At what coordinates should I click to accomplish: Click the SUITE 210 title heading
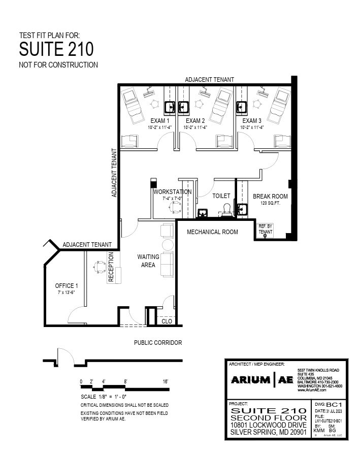pos(56,49)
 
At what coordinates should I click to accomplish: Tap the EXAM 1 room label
pos(160,121)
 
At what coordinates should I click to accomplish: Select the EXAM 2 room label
pos(195,121)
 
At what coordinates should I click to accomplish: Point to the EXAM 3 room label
pos(252,121)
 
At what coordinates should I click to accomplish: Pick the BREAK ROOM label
pos(270,197)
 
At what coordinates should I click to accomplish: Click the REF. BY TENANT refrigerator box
pos(265,229)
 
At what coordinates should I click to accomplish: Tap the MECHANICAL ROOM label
pos(212,232)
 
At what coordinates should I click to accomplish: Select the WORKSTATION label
pos(173,192)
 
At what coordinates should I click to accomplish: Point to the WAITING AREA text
pos(148,261)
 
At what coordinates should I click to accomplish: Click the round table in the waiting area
pos(168,245)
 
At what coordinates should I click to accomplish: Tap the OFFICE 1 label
pos(67,286)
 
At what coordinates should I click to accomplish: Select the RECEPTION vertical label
pos(111,268)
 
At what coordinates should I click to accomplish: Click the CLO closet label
pos(167,321)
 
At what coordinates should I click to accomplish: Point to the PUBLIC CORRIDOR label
pos(158,343)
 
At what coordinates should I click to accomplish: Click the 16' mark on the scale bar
pos(165,381)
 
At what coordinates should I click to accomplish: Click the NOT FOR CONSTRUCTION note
pos(58,65)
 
